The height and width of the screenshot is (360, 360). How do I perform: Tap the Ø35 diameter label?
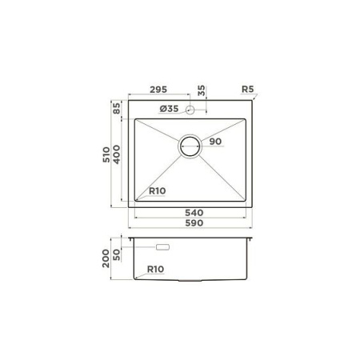(169, 109)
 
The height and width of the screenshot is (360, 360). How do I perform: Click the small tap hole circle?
(190, 109)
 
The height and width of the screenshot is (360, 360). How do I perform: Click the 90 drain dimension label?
(214, 142)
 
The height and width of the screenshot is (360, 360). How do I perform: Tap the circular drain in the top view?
(190, 146)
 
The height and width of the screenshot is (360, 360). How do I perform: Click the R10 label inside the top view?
(158, 192)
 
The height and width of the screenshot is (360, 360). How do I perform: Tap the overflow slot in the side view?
(163, 248)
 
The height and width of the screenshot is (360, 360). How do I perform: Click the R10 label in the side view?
(157, 270)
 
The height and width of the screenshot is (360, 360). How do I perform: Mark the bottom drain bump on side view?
(191, 283)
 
